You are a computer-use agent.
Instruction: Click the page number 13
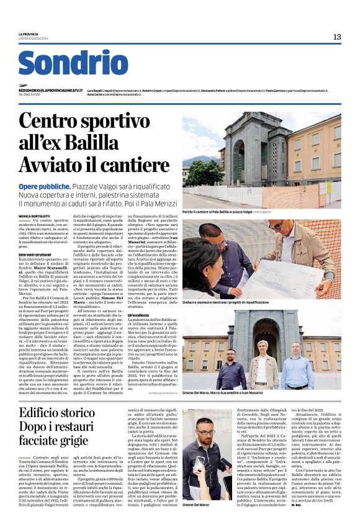pos(337,37)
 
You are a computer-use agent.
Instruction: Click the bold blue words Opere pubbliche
pos(44,186)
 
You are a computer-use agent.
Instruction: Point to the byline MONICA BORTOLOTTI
pos(35,215)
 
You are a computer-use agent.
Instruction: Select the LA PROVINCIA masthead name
pos(29,34)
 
